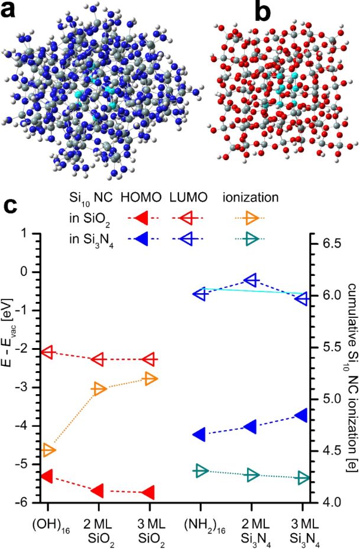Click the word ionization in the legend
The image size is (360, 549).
(250, 197)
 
